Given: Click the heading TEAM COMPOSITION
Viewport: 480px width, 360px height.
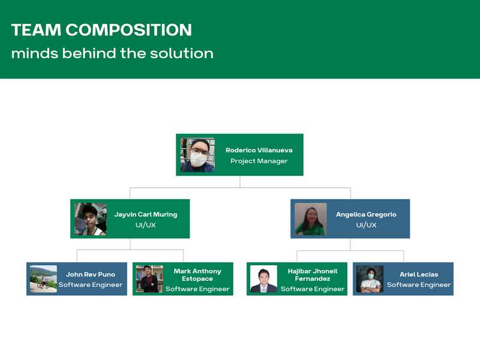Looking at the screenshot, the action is point(101,30).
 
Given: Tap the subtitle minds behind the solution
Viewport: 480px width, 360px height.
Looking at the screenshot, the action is point(112,53).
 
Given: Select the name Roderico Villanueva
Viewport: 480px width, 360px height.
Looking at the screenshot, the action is point(259,151).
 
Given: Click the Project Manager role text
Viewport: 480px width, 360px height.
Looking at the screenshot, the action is point(259,161).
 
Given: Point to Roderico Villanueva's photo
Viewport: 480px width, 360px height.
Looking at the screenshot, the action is point(197,155).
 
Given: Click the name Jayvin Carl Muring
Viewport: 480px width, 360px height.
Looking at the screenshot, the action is point(146,214).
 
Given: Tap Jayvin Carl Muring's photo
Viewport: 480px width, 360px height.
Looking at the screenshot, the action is point(91,219).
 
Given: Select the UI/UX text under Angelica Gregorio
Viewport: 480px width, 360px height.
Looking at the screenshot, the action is point(366,225).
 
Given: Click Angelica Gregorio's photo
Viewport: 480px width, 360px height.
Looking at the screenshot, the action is point(311,219).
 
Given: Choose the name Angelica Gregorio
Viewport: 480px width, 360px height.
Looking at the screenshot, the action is point(366,214).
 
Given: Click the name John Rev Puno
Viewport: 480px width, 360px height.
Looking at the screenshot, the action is point(91,274).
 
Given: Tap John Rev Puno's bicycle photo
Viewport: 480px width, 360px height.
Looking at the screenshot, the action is point(43,279).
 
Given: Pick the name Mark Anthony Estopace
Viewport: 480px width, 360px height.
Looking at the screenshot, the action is point(197,275).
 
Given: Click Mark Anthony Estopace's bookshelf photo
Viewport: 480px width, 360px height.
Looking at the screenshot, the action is point(149,279).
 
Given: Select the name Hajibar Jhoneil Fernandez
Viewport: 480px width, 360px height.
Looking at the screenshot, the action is point(313,275).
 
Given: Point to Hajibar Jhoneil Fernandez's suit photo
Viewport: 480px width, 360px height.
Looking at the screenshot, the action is point(263,279).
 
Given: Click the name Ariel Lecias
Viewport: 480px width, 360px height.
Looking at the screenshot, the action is point(419,274).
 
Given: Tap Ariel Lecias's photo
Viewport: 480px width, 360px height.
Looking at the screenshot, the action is point(370,279).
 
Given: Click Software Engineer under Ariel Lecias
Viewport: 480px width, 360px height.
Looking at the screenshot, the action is point(419,284).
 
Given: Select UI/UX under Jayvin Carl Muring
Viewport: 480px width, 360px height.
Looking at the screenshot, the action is point(146,225).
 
